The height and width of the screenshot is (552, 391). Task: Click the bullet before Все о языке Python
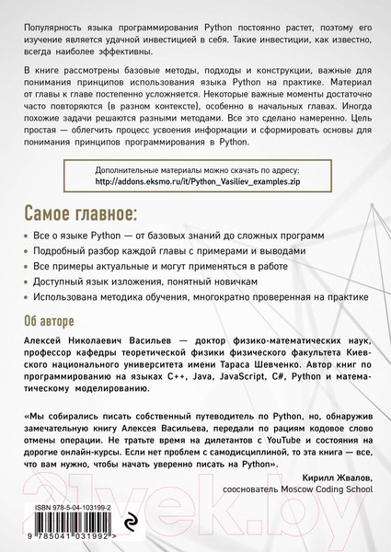[x=25, y=237]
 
